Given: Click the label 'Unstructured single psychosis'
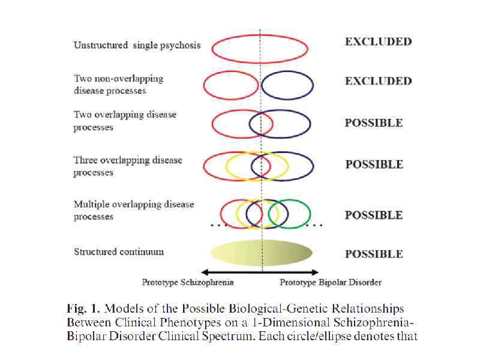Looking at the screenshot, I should point(137,45).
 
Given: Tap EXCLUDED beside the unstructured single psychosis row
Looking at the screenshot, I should point(378,41).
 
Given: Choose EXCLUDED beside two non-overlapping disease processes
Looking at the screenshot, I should point(378,81).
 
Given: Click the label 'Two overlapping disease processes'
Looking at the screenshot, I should point(125,121).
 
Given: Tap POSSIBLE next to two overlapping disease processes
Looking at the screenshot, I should point(374,123).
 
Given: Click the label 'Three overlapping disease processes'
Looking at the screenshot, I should point(127,166).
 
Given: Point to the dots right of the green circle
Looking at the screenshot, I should point(315,226).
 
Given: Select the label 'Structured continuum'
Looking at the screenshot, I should point(119,251).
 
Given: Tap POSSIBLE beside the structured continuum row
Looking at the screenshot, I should point(374,254).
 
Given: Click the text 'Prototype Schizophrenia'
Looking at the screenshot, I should point(179,282).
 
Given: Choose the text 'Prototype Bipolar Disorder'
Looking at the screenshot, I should point(331,282).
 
